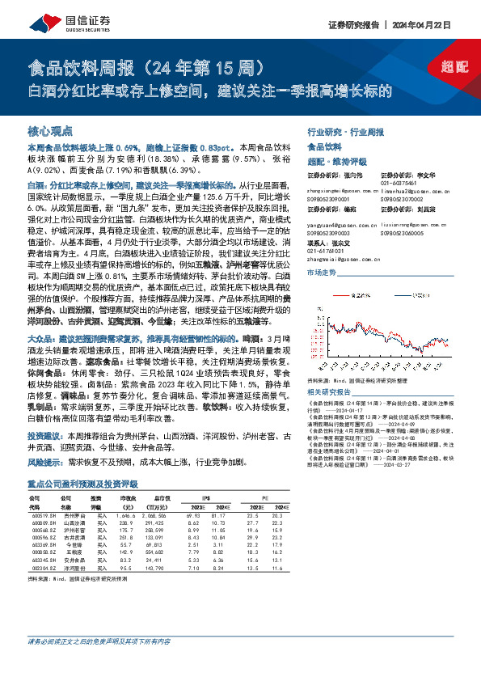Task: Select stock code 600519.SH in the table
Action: point(42,515)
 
